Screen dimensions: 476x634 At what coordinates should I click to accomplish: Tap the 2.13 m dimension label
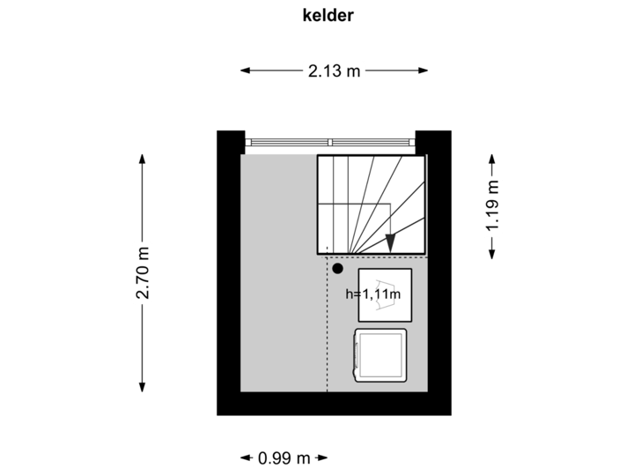(334, 71)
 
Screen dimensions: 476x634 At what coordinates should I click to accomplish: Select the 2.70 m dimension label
(142, 273)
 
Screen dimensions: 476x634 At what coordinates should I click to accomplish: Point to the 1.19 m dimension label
(492, 205)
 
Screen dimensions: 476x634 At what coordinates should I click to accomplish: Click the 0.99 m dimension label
(284, 457)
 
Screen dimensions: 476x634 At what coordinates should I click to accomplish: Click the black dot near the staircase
(337, 268)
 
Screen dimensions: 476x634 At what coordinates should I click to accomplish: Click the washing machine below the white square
(380, 354)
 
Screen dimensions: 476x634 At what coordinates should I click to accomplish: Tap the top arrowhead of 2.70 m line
(142, 158)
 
